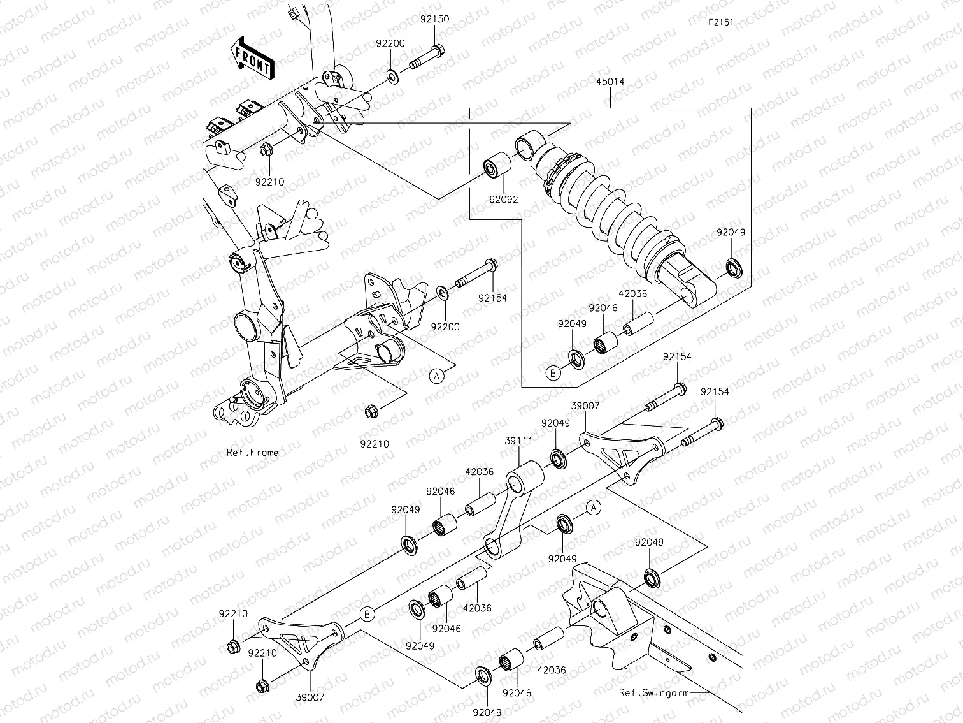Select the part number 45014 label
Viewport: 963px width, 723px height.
pos(610,82)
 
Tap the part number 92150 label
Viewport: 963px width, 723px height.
pos(434,19)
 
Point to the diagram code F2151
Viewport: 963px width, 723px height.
pos(720,22)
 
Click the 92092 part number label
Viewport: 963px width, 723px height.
pos(504,199)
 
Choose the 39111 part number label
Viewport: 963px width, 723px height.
pos(518,441)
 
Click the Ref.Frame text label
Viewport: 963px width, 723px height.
pos(252,453)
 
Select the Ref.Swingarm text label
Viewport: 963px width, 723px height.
pos(653,693)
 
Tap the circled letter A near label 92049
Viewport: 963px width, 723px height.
pos(593,508)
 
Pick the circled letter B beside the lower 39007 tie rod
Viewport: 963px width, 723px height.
pos(367,615)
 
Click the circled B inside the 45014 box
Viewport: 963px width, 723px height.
pos(553,373)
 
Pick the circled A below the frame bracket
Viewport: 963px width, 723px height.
pos(436,376)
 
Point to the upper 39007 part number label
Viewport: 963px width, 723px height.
pos(585,405)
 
